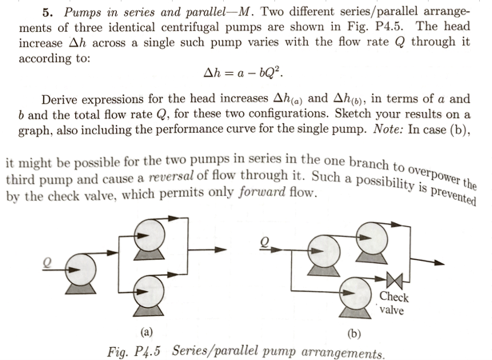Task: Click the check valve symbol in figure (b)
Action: point(395,280)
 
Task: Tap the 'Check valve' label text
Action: point(394,303)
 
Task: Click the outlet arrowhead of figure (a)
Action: point(220,250)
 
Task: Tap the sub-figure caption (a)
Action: point(146,332)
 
